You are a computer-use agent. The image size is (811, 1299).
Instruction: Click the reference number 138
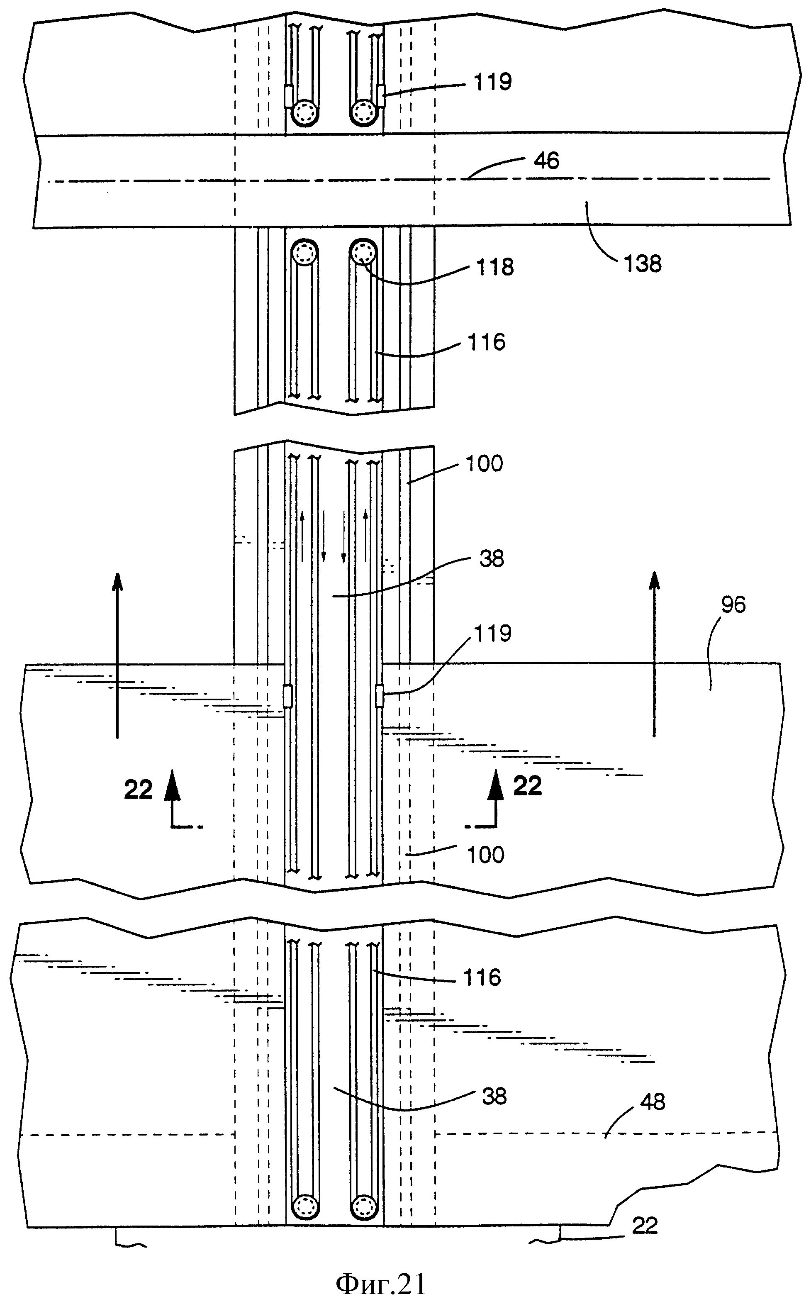(x=643, y=264)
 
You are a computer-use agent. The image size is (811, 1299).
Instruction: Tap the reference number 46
(x=547, y=161)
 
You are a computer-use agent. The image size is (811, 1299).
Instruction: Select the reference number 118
(x=494, y=266)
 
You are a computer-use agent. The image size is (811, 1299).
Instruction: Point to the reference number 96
(x=733, y=604)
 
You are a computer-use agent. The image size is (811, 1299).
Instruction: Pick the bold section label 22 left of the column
(x=139, y=790)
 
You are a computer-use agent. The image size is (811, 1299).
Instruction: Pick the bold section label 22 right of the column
(x=527, y=786)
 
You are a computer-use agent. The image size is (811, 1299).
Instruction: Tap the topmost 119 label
(x=492, y=81)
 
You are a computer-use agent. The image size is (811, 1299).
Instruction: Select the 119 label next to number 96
(x=492, y=634)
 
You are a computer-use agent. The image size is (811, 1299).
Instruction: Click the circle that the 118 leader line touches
(x=364, y=251)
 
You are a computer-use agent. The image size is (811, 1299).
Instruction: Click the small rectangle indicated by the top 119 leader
(x=381, y=95)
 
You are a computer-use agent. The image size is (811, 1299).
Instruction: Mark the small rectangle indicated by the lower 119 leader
(x=379, y=696)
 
